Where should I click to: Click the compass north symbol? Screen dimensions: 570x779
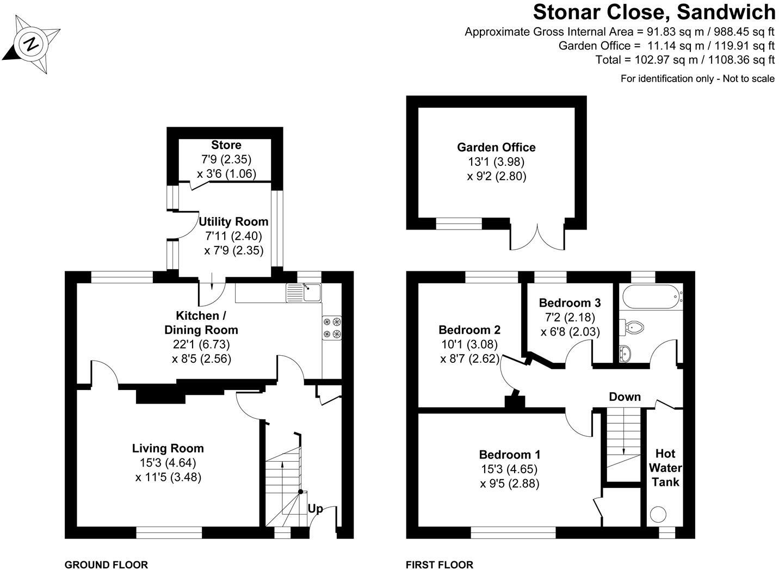pyautogui.click(x=32, y=44)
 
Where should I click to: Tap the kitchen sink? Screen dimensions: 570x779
pyautogui.click(x=311, y=293)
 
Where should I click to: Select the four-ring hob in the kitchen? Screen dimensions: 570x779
pyautogui.click(x=332, y=328)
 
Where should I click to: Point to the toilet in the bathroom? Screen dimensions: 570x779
pyautogui.click(x=633, y=327)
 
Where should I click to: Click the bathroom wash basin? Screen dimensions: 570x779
pyautogui.click(x=626, y=352)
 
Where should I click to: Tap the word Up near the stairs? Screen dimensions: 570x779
pyautogui.click(x=316, y=509)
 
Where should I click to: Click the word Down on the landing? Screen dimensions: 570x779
pyautogui.click(x=625, y=396)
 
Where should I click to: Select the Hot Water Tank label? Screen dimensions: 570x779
pyautogui.click(x=665, y=468)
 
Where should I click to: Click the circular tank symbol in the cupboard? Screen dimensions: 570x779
pyautogui.click(x=659, y=515)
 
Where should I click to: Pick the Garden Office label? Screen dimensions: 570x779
pyautogui.click(x=496, y=147)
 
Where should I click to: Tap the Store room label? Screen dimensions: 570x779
pyautogui.click(x=226, y=145)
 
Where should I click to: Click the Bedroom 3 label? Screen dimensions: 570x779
pyautogui.click(x=570, y=303)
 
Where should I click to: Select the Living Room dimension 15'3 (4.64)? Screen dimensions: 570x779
pyautogui.click(x=168, y=463)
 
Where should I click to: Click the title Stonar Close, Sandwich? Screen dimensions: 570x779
pyautogui.click(x=654, y=12)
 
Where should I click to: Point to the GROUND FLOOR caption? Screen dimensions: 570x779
pyautogui.click(x=106, y=565)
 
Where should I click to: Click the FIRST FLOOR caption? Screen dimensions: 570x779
pyautogui.click(x=440, y=565)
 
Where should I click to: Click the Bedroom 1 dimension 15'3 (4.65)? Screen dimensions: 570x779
pyautogui.click(x=510, y=469)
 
